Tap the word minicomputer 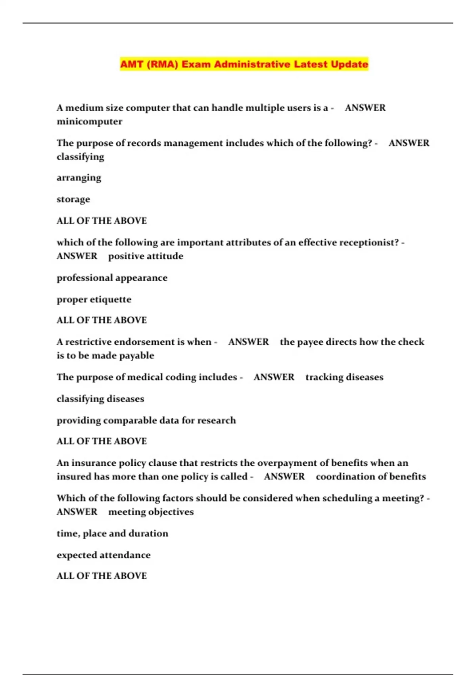coord(89,121)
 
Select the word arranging coord(79,177)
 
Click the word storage coord(73,199)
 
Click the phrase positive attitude coord(146,256)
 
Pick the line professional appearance coord(112,278)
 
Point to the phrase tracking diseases coord(344,377)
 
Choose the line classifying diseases coord(100,399)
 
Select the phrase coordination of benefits coord(371,476)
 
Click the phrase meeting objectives coord(151,512)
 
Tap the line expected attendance coord(104,555)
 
